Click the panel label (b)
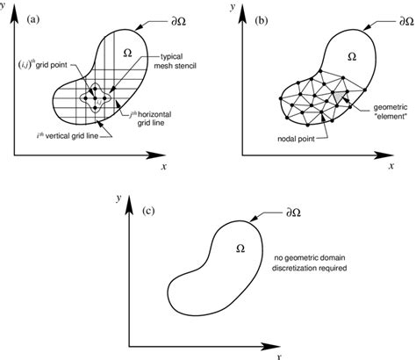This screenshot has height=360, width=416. tap(262, 17)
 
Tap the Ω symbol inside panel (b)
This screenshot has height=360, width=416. tap(351, 54)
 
